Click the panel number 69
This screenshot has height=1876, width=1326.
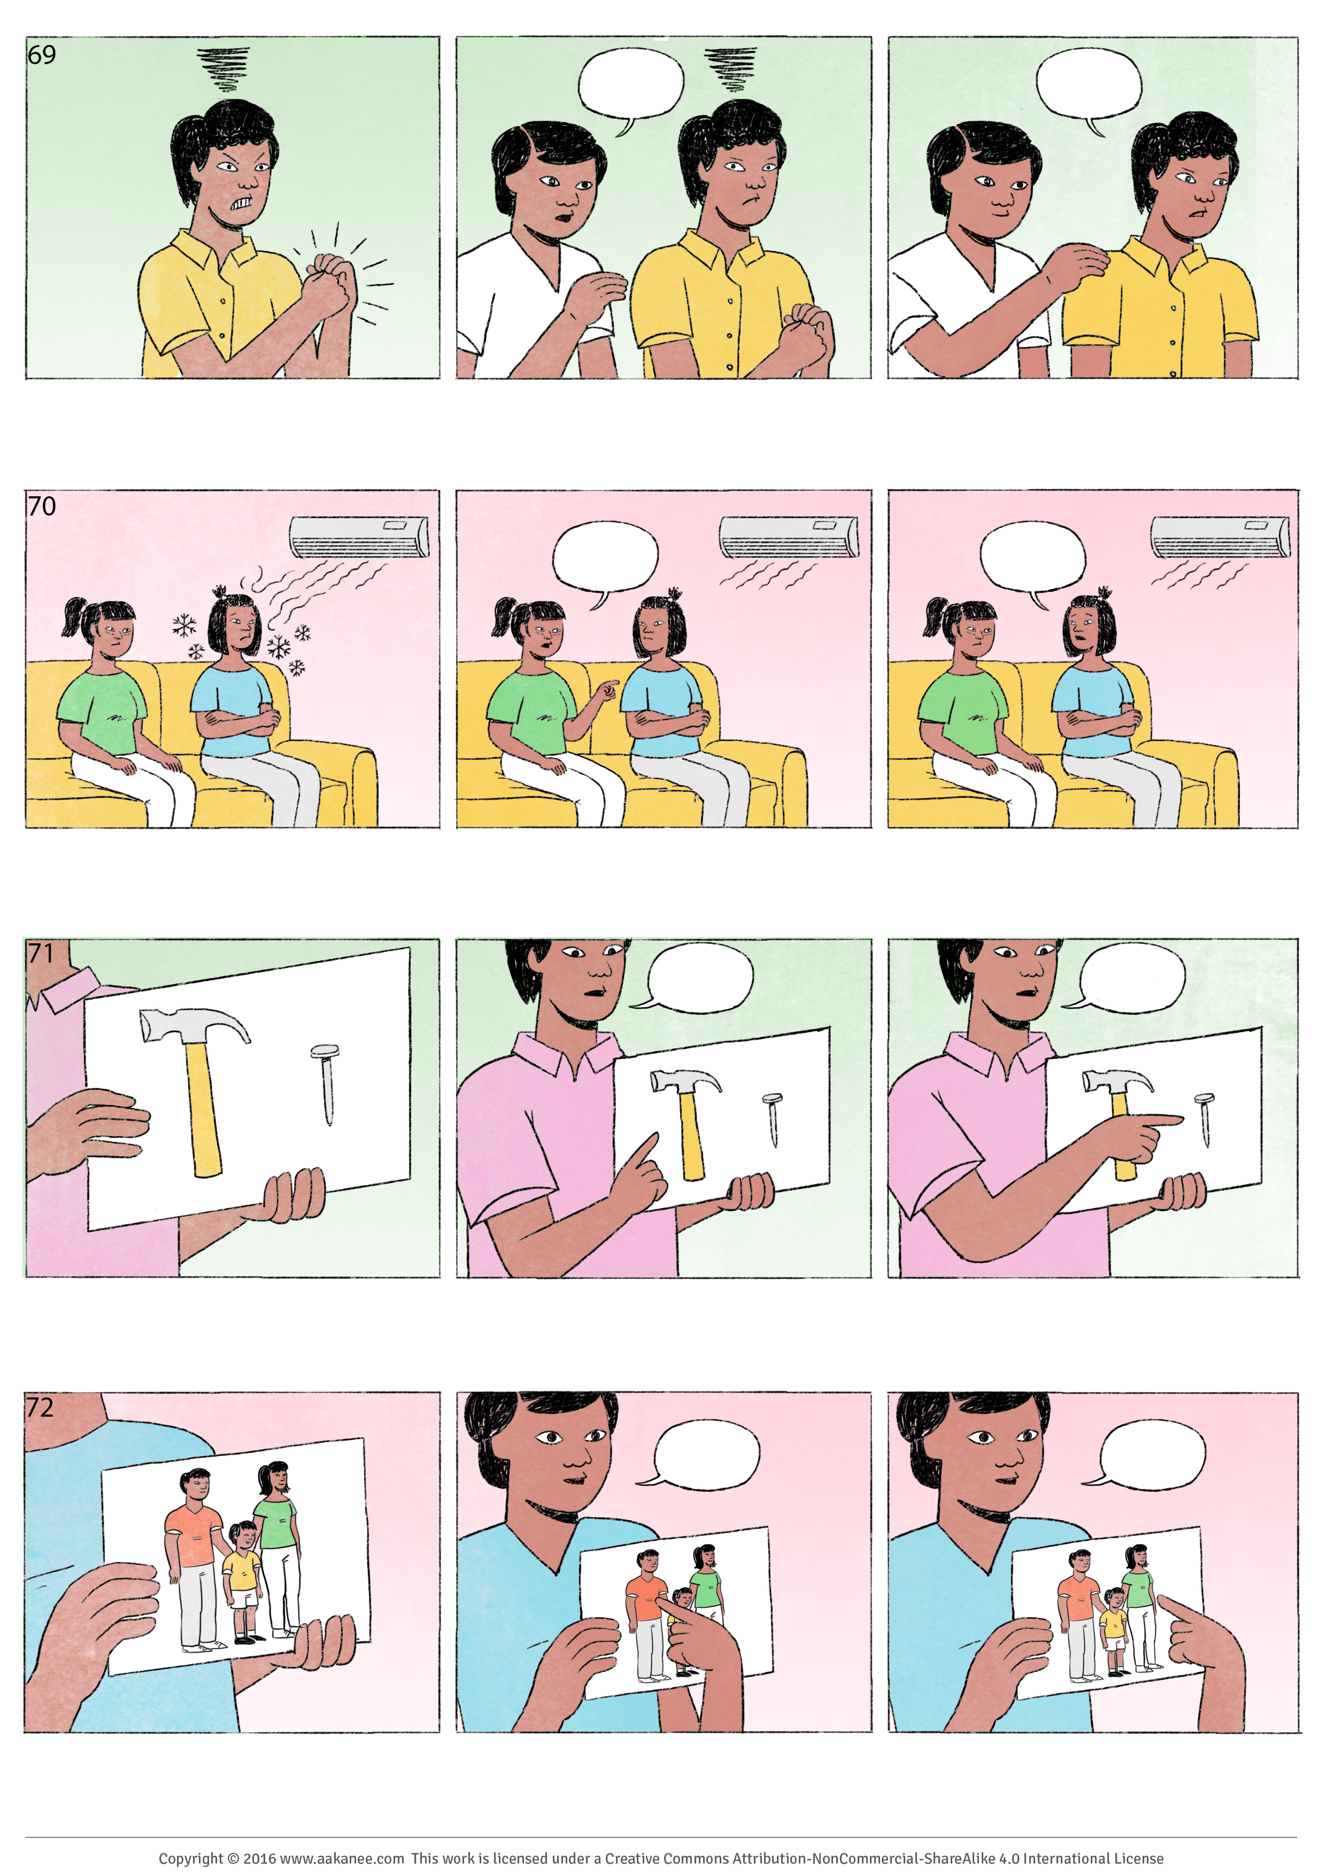pyautogui.click(x=42, y=55)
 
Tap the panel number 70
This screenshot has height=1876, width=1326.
pyautogui.click(x=42, y=506)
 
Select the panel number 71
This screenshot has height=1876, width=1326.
pyautogui.click(x=41, y=954)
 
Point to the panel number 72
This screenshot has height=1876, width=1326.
pyautogui.click(x=40, y=1407)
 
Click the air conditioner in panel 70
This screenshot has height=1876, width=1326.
pyautogui.click(x=359, y=537)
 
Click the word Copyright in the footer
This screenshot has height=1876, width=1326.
pyautogui.click(x=190, y=1858)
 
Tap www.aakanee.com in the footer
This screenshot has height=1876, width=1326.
pyautogui.click(x=342, y=1858)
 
